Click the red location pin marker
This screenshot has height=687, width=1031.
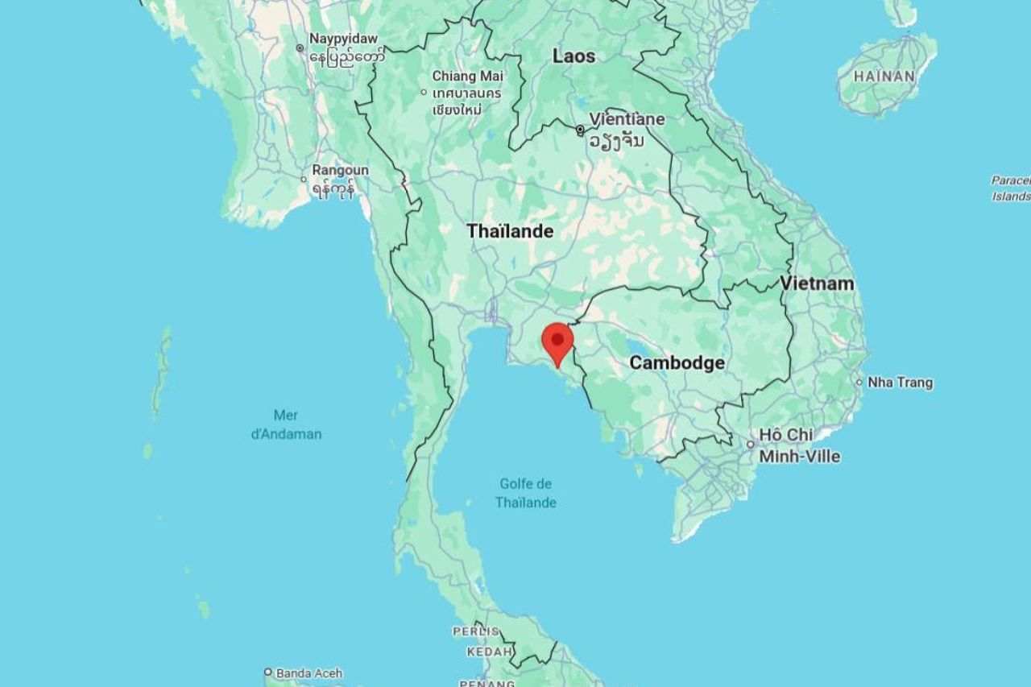point(557,341)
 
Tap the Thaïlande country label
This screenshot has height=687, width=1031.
point(510,232)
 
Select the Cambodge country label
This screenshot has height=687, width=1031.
point(677,363)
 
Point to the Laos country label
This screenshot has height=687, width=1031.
point(573,56)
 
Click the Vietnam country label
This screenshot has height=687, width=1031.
point(817,283)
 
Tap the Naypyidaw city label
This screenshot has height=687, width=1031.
point(343,39)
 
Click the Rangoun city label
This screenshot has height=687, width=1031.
point(340,171)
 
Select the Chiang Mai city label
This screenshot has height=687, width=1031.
point(467,76)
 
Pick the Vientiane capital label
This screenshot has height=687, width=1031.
point(627,119)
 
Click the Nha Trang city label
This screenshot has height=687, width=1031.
point(900,383)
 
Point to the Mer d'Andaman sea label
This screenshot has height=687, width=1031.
point(285,424)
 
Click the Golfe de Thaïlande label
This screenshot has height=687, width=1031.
point(525,493)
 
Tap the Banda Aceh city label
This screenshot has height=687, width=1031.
point(308,673)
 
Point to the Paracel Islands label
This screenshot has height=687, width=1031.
point(1011,188)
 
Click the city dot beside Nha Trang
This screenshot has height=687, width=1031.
point(859,383)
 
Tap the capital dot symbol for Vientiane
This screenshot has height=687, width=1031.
point(580,130)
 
